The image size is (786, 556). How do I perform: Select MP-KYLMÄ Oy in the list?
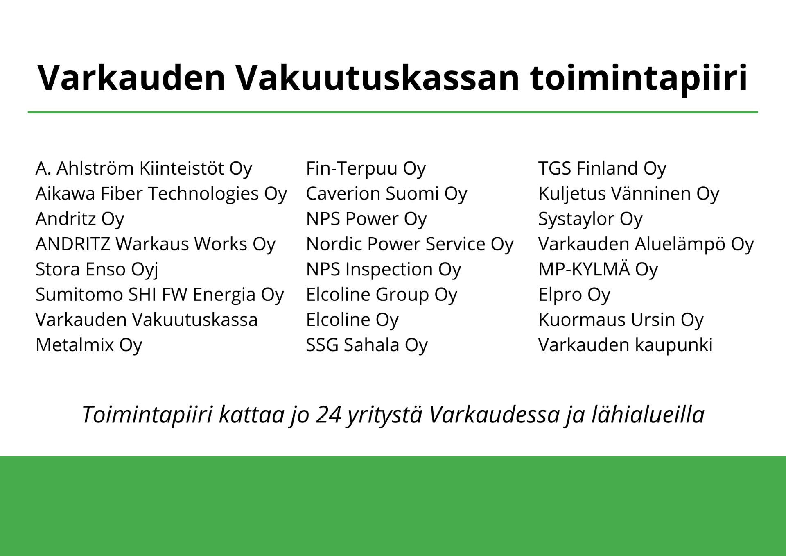(x=598, y=270)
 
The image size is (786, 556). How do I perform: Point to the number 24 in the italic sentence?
(x=328, y=415)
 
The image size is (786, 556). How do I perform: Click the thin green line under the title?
(x=393, y=112)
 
